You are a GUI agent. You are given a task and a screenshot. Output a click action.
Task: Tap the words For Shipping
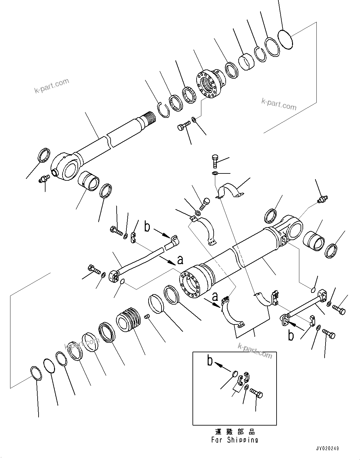click(235, 440)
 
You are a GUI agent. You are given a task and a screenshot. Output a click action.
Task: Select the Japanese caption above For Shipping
click(235, 432)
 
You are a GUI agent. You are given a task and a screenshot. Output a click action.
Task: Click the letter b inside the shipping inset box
click(210, 360)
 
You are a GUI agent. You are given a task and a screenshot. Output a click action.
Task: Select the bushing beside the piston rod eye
click(88, 181)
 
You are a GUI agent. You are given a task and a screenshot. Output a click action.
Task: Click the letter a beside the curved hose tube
click(180, 260)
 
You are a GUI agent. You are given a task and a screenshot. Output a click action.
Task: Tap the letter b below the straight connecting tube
click(291, 336)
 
